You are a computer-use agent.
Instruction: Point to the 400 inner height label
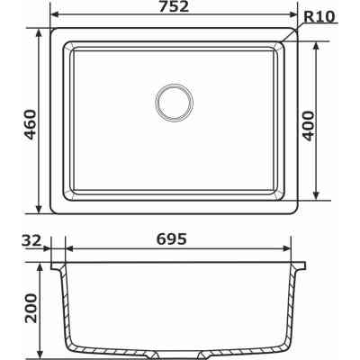coord(334,120)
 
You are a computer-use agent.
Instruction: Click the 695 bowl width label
coord(171,239)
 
